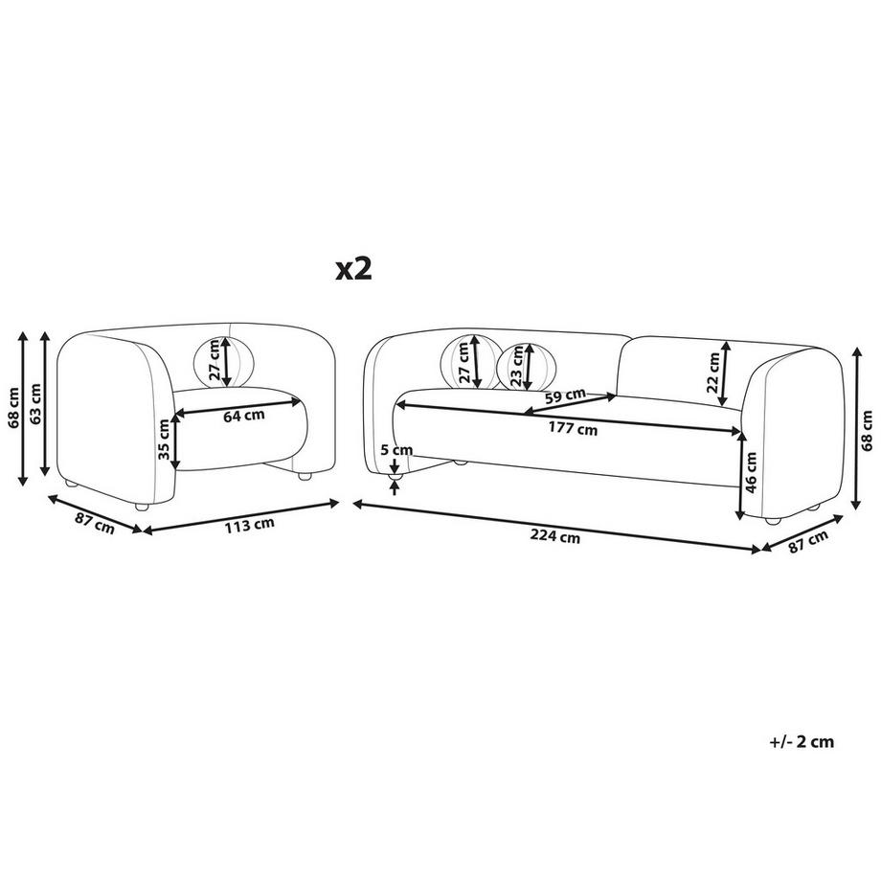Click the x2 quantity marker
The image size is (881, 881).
(x=353, y=270)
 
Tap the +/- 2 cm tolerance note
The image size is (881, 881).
(x=802, y=741)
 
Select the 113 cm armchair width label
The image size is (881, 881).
(x=250, y=526)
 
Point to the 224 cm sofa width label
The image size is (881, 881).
(x=555, y=536)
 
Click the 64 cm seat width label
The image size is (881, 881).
(x=244, y=417)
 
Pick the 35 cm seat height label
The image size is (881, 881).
(x=164, y=440)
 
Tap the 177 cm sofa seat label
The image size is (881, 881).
(x=573, y=429)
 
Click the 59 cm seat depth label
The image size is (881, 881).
(x=565, y=396)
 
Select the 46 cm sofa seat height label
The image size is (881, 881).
(x=752, y=471)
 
